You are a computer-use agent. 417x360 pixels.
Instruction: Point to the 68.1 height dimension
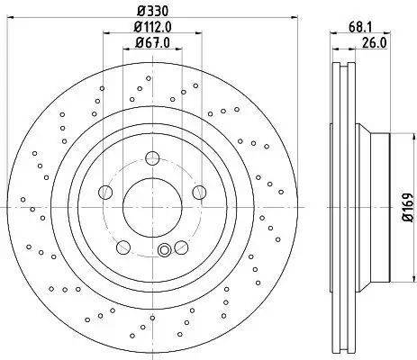(359, 27)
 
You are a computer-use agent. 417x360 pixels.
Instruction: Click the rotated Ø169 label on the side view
(405, 206)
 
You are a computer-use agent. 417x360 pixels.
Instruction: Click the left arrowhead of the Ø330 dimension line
(20, 22)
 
